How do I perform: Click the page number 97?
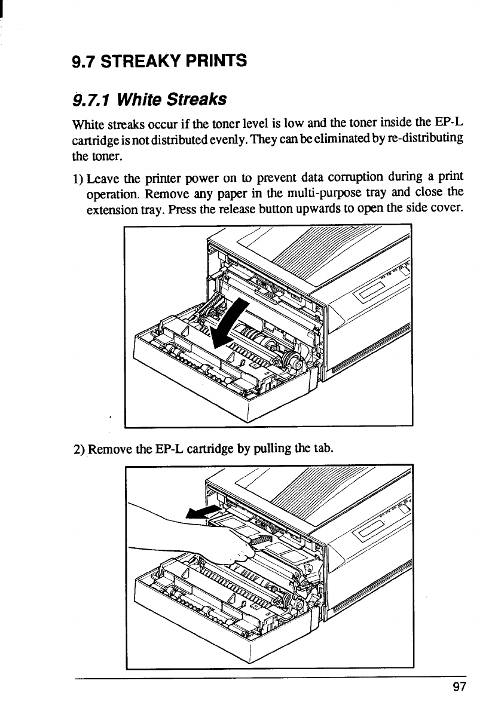click(x=459, y=687)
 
